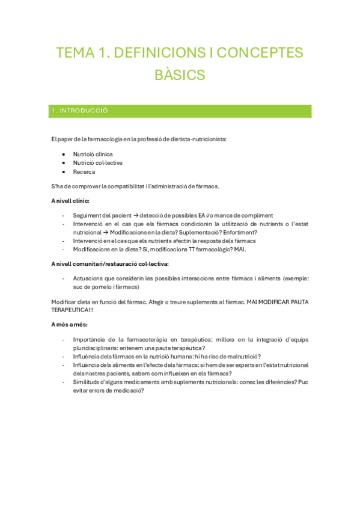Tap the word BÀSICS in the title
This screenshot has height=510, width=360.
coord(180,75)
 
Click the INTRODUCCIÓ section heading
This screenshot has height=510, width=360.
coord(80,111)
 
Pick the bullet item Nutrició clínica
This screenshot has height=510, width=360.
coord(93,154)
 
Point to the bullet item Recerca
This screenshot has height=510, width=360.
coord(84,171)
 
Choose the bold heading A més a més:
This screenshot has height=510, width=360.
coord(69,325)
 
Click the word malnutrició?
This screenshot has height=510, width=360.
coord(243,356)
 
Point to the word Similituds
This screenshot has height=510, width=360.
coord(87,382)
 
